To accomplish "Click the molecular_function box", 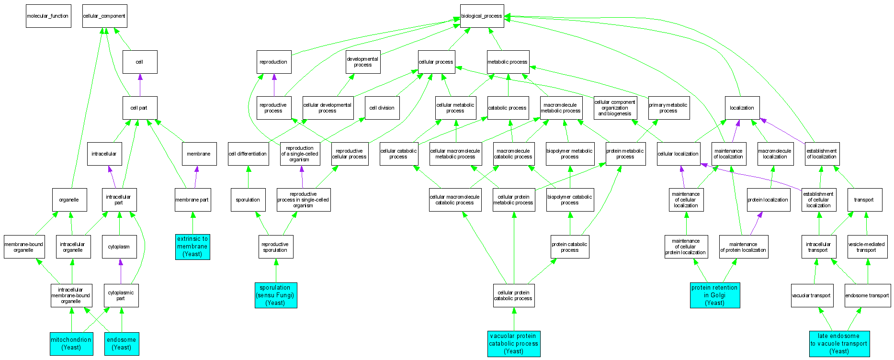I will pyautogui.click(x=48, y=16).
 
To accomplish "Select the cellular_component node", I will pyautogui.click(x=104, y=16).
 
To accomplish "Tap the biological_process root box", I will pyautogui.click(x=482, y=16).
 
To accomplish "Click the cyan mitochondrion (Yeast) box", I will pyautogui.click(x=71, y=344).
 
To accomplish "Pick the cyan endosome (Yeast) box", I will pyautogui.click(x=122, y=344).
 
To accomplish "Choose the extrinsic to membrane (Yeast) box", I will pyautogui.click(x=192, y=247).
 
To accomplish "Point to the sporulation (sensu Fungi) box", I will pyautogui.click(x=276, y=295).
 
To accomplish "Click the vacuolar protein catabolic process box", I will pyautogui.click(x=514, y=344).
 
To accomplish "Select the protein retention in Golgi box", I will pyautogui.click(x=715, y=295).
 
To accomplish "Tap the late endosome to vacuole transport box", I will pyautogui.click(x=839, y=344).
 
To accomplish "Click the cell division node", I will pyautogui.click(x=382, y=108).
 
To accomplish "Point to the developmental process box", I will pyautogui.click(x=363, y=62).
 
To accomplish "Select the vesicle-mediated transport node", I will pyautogui.click(x=866, y=247).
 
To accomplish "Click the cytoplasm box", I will pyautogui.click(x=119, y=247).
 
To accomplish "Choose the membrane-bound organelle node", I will pyautogui.click(x=24, y=247).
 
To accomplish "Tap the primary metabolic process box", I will pyautogui.click(x=668, y=108).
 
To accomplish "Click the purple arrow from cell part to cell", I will pyautogui.click(x=140, y=85).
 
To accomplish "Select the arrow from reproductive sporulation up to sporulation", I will pyautogui.click(x=262, y=223).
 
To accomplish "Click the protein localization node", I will pyautogui.click(x=768, y=200).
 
